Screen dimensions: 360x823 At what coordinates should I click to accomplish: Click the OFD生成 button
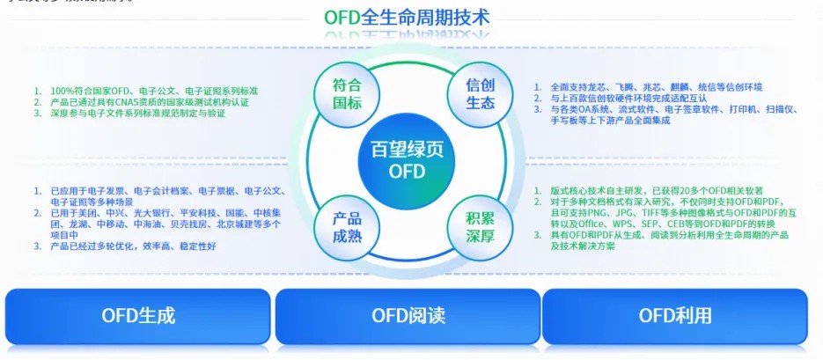tap(138, 315)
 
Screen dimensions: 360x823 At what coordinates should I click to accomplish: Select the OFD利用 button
tap(674, 315)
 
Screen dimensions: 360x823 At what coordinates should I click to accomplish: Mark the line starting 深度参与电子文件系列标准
tap(141, 114)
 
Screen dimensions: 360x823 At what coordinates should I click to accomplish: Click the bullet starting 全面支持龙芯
tap(656, 87)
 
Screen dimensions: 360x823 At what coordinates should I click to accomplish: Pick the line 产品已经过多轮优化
tap(132, 246)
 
